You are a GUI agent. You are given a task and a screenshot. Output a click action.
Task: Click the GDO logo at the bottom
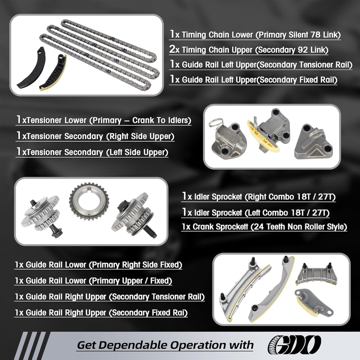coord(294,345)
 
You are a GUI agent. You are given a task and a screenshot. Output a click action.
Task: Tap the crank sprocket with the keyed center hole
coord(89,201)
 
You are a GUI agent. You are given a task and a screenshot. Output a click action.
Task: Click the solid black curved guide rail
coord(31,67)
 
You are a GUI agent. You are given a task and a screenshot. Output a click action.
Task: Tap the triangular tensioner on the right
coord(314,142)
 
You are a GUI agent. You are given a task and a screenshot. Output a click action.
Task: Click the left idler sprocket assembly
coord(42,216)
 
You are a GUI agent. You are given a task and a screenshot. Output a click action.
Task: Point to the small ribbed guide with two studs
coord(317,274)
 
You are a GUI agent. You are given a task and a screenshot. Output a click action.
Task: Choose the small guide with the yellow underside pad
coord(314,302)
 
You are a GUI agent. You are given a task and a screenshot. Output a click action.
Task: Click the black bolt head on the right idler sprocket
coord(122,205)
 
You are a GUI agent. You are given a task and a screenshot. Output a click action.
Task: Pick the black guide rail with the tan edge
coord(53,72)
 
